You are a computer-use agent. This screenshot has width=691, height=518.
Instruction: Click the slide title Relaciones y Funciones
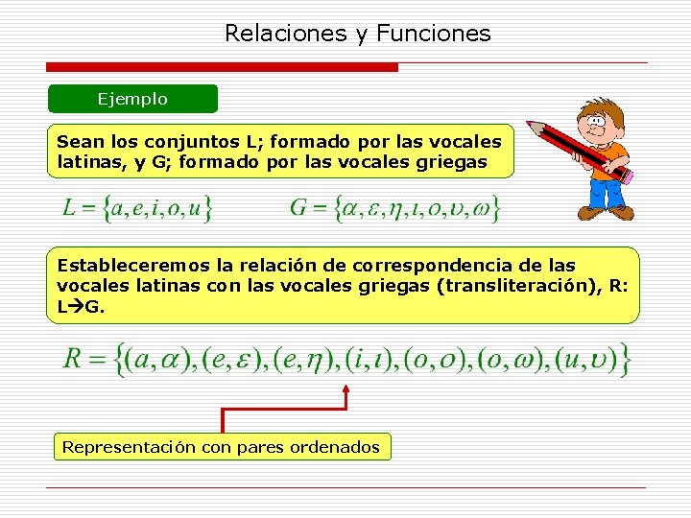pyautogui.click(x=357, y=34)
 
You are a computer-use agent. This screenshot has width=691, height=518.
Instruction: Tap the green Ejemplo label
pyautogui.click(x=132, y=99)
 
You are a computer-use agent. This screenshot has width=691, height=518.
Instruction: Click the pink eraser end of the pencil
pyautogui.click(x=627, y=177)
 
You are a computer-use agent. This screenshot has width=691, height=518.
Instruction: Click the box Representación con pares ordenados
pyautogui.click(x=221, y=446)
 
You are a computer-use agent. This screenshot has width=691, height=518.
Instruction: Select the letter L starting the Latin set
pyautogui.click(x=69, y=207)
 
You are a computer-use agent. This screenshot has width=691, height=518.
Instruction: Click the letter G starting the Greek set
pyautogui.click(x=298, y=207)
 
